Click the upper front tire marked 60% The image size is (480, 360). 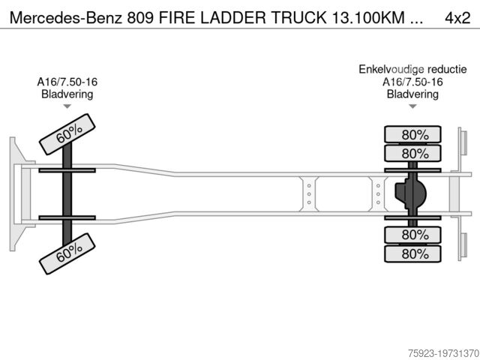coord(68,133)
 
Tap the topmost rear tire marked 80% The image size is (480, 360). coord(413,135)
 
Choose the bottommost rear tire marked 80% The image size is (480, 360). coord(413,253)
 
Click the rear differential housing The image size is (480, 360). coord(410,194)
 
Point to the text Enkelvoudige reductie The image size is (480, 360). coord(412,70)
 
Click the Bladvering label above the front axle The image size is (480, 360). coord(66,94)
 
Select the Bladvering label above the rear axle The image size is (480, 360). coord(412,94)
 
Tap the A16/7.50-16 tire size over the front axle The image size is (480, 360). coord(66,82)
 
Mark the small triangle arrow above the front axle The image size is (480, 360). coord(66,106)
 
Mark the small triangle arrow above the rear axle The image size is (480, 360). coord(412,106)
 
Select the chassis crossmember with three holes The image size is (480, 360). coord(308,193)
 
